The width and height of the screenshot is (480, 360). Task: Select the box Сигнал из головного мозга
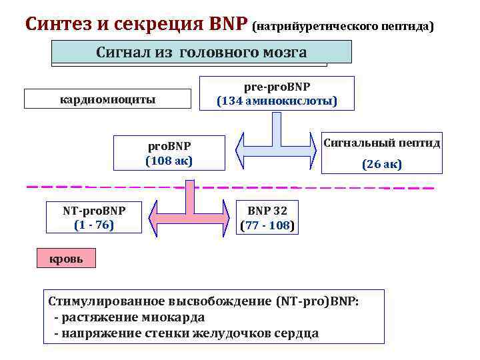coord(201,52)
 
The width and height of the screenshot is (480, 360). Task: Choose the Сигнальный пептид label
coord(381,143)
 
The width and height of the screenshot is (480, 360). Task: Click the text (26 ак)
coord(381,164)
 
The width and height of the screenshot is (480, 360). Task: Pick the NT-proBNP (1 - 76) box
coord(95,217)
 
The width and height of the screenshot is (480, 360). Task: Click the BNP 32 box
coord(267,211)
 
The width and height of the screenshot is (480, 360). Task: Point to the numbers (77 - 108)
coord(267,225)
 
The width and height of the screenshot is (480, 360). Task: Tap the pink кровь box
coord(67,259)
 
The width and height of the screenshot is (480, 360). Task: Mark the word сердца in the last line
coord(298,333)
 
